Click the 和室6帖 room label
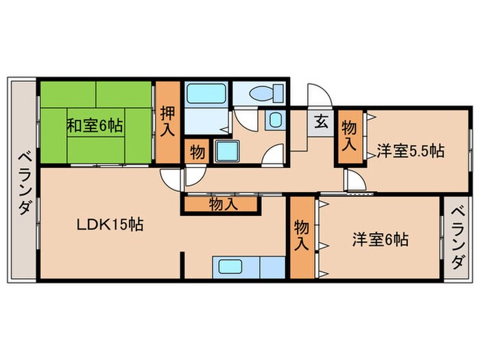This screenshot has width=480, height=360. tap(95, 125)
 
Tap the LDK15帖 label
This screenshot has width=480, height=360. tap(110, 225)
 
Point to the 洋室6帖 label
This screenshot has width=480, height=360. tap(380, 239)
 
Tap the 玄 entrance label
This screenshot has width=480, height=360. tap(321, 121)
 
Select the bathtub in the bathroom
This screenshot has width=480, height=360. tap(206, 93)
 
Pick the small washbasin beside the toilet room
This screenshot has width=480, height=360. tap(276, 120)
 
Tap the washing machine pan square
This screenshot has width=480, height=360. tap(226, 151)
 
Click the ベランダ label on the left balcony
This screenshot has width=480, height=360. tap(25, 184)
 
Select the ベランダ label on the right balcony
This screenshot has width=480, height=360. tap(459, 238)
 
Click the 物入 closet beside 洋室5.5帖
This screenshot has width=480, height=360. tap(349, 136)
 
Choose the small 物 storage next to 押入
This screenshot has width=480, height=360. tap(197, 152)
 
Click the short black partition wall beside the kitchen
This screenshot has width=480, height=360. tap(182, 265)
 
